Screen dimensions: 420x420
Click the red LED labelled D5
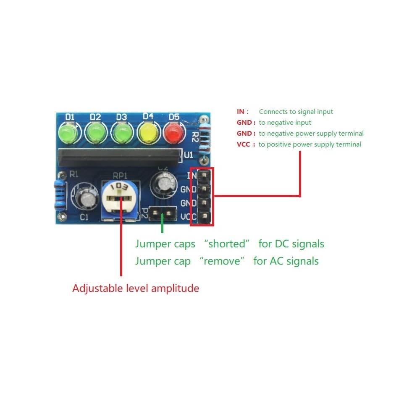(x=174, y=133)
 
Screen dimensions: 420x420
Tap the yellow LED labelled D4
(x=148, y=133)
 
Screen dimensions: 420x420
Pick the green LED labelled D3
(x=122, y=132)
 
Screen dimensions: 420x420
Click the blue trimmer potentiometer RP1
(x=120, y=200)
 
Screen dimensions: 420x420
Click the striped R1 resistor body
(x=60, y=194)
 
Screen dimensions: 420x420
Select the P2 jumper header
(x=163, y=213)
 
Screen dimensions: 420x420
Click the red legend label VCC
(x=243, y=144)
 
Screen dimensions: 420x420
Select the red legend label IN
(x=241, y=111)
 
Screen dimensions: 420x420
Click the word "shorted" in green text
(x=227, y=244)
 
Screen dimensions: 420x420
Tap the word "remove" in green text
(x=222, y=261)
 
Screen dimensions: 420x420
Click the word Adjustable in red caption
(x=97, y=289)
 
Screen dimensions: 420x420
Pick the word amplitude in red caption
(x=175, y=289)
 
